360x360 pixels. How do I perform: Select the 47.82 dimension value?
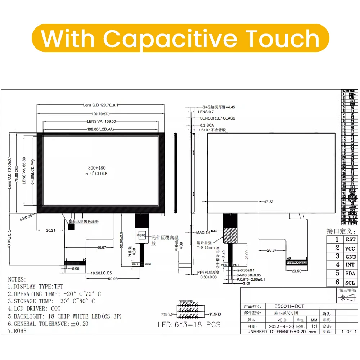point(269,202)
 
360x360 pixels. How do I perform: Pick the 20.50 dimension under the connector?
point(297,271)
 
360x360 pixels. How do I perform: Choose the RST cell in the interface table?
point(350,239)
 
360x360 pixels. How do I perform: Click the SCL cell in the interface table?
point(350,283)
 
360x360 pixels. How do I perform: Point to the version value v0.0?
point(282,320)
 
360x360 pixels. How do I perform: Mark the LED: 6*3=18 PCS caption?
point(189,325)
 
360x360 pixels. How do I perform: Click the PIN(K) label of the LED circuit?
point(216,314)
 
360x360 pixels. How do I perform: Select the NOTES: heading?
point(17,279)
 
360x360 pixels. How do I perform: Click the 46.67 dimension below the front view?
point(102,248)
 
